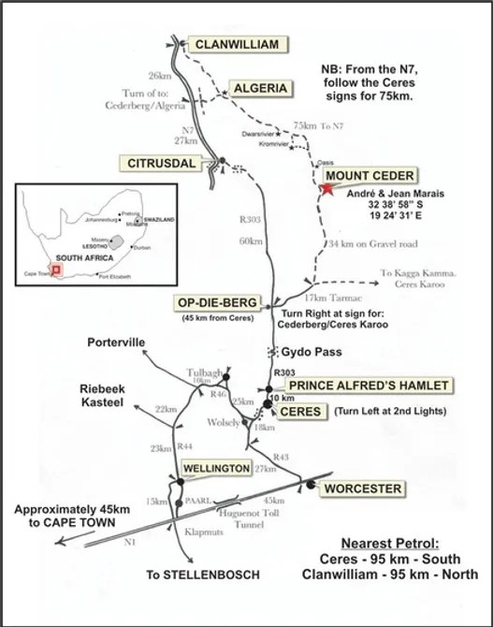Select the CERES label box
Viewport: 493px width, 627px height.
point(301,412)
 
